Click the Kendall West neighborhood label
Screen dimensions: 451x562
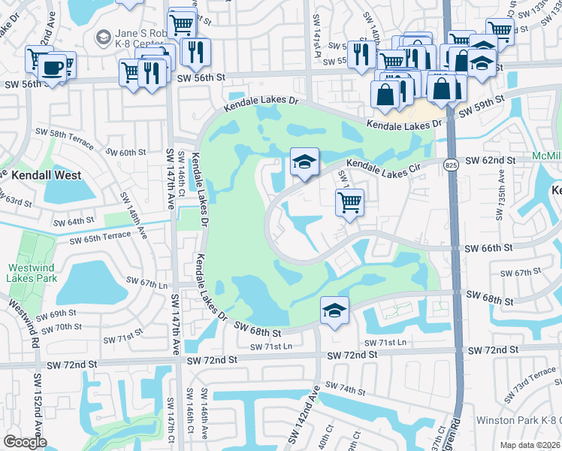[47, 175]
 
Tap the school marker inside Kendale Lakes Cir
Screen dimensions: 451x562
[304, 162]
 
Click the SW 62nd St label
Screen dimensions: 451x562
[491, 160]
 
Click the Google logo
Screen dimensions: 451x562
[25, 442]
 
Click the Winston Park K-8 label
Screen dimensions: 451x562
[518, 419]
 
